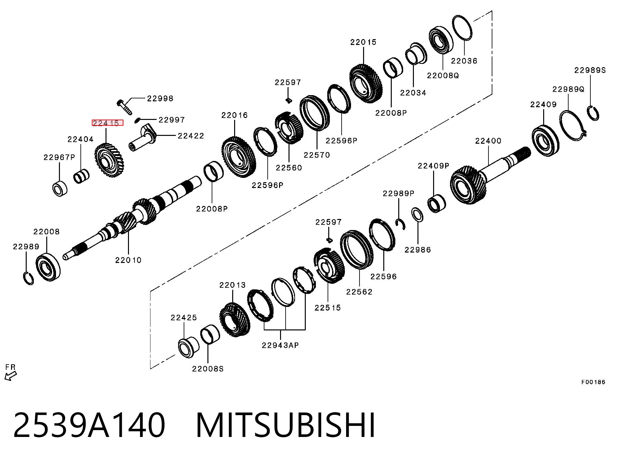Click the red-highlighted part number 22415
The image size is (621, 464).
click(x=107, y=123)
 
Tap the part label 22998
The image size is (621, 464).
click(x=160, y=98)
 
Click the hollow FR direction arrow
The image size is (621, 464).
click(x=10, y=376)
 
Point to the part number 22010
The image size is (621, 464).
click(x=128, y=260)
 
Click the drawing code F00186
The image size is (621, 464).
click(x=593, y=382)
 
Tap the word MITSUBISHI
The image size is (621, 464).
click(x=286, y=425)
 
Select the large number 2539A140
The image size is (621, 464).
click(x=89, y=425)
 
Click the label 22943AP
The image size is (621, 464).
click(x=280, y=345)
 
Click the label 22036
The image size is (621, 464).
click(x=464, y=61)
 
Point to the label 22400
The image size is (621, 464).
click(x=488, y=141)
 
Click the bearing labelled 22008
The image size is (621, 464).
click(x=48, y=267)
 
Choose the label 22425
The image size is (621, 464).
click(x=184, y=318)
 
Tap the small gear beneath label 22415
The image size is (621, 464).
click(x=109, y=161)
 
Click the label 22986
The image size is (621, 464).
click(x=418, y=250)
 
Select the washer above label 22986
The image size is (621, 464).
click(x=417, y=215)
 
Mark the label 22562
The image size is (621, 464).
click(x=359, y=292)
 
